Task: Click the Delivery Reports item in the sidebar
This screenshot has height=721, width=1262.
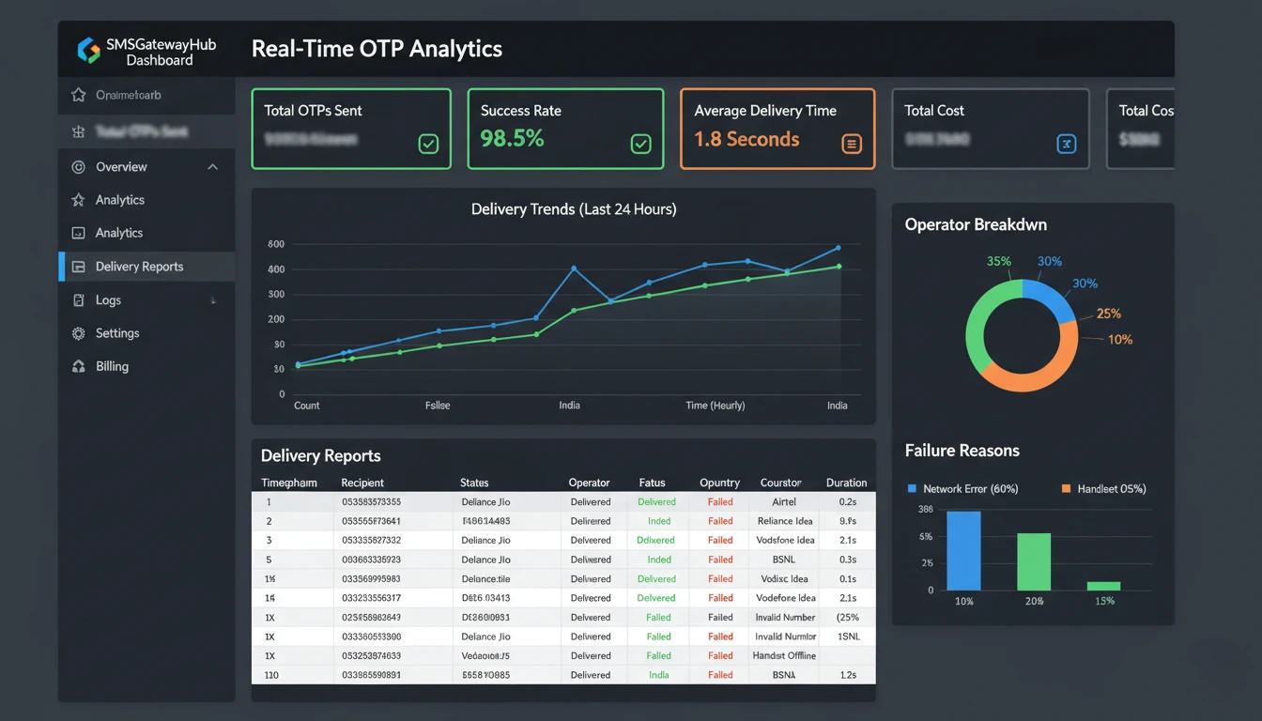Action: point(139,267)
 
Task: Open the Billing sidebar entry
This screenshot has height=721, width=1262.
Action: point(111,366)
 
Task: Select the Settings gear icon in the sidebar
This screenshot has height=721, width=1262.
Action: point(79,333)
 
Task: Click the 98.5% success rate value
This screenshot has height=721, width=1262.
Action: point(512,139)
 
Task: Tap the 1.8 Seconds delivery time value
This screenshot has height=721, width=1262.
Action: point(746,139)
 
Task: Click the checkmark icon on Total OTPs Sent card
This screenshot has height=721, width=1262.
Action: point(428,144)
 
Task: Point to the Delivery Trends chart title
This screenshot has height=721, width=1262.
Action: point(573,209)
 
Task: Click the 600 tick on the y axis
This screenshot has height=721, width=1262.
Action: point(276,244)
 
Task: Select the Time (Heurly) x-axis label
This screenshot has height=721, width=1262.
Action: point(715,406)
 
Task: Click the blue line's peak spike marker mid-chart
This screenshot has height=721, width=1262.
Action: point(574,268)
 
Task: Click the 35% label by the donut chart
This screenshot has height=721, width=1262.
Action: point(999,262)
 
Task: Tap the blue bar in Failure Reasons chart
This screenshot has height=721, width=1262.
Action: point(963,550)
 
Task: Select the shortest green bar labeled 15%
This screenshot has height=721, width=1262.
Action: point(1103,585)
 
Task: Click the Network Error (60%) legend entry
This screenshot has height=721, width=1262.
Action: point(962,489)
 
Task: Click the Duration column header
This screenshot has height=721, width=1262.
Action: point(846,483)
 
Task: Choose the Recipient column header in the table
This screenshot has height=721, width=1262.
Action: point(362,483)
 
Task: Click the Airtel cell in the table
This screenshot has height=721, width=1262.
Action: point(783,502)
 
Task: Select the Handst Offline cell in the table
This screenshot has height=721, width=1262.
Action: point(784,656)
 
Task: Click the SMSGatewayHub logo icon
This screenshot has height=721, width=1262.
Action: point(89,51)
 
